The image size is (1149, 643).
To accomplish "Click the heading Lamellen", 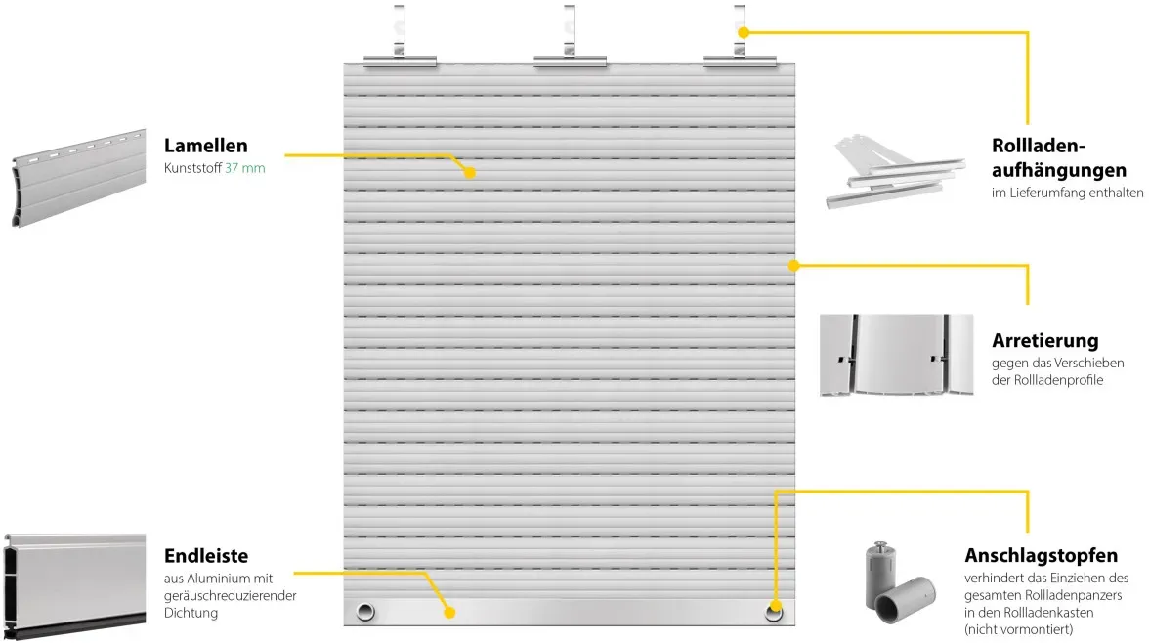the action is pos(206,146).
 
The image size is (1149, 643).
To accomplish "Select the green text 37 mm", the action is pos(244,168).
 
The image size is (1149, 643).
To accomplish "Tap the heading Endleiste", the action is pos(206,556).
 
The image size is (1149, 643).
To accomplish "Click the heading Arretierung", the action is pos(1045,341).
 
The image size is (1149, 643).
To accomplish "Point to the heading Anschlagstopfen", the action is pos(1041,555).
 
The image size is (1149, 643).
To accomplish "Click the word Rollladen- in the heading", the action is pos(1038,146).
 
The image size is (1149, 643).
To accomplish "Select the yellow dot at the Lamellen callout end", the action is pos(470,172).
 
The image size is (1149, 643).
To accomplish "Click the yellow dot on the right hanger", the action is pos(743,32).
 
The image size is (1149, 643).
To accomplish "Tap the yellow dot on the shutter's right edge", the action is pos(793,266).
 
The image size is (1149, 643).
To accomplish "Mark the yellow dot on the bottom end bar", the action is pos(449,612).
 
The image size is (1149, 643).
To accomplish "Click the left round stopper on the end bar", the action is pos(365,612).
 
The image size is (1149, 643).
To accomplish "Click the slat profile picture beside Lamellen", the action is pos(78,178).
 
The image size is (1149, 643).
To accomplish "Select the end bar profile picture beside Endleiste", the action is pos(74,586).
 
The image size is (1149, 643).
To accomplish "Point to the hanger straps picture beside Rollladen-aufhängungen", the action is pos(895,172).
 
